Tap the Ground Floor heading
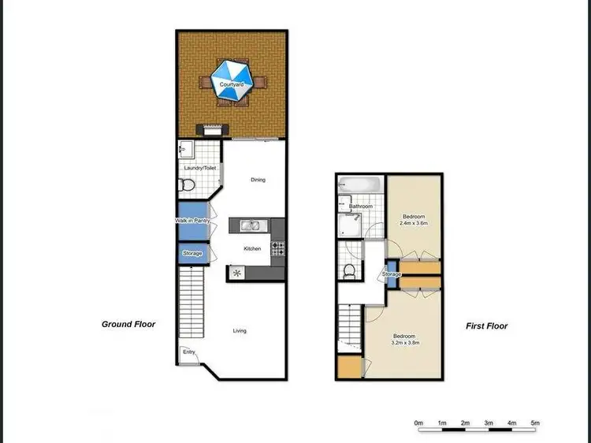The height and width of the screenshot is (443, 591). (128, 324)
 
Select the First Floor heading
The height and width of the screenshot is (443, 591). (486, 326)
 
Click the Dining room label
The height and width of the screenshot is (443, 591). (258, 180)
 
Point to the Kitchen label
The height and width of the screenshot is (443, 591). (252, 248)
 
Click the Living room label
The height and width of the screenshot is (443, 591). (240, 330)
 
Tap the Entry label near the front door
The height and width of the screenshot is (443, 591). (188, 363)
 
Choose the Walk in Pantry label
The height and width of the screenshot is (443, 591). (191, 221)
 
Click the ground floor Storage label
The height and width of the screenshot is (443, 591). (192, 254)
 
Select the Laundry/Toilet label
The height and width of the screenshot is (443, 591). (199, 168)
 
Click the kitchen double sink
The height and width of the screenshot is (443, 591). (251, 226)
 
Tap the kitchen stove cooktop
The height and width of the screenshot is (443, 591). (278, 248)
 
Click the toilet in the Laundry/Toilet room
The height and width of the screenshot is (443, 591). (187, 185)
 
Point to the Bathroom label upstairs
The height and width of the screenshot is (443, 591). (361, 207)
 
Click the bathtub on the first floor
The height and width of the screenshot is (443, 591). (360, 186)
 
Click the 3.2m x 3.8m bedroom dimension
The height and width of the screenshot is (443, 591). (406, 343)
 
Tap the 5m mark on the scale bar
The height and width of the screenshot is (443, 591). (535, 423)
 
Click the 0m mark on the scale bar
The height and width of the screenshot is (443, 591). (419, 423)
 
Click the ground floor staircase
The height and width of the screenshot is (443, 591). (192, 303)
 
